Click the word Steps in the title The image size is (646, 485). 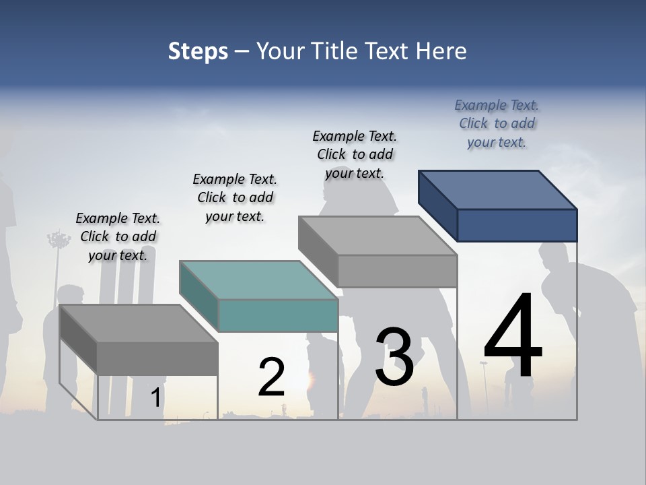click(198, 51)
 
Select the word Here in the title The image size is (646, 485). click(442, 51)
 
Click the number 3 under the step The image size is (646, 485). click(394, 357)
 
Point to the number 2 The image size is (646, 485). click(271, 377)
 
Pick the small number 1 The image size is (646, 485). click(155, 397)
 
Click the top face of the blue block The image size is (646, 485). click(498, 189)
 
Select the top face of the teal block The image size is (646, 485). click(258, 280)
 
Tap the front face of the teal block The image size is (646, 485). click(278, 315)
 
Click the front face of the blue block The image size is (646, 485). click(517, 225)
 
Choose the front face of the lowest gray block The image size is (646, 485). click(157, 358)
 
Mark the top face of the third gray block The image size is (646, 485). click(378, 235)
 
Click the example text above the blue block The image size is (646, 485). click(497, 123)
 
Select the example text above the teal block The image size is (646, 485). click(235, 197)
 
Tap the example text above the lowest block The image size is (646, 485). click(118, 236)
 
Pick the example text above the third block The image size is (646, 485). click(355, 154)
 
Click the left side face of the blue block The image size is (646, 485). click(437, 205)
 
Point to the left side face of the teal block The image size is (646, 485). click(199, 296)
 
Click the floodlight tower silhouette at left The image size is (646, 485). click(59, 240)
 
